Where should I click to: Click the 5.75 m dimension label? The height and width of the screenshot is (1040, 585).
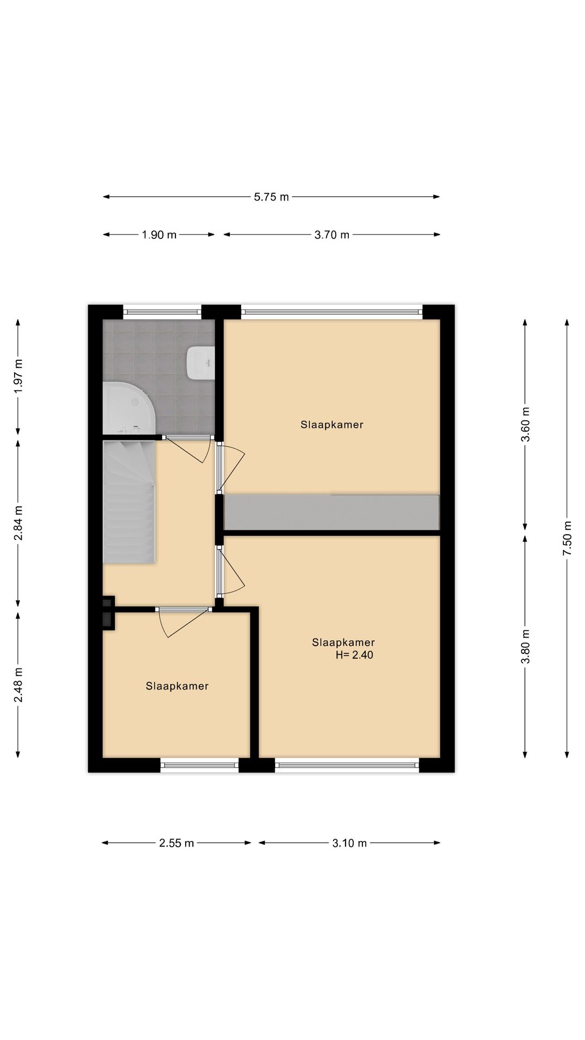271,197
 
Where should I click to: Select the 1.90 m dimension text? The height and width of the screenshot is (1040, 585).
159,235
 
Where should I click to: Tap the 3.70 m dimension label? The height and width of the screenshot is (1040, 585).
331,235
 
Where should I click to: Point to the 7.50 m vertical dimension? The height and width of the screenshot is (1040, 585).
567,538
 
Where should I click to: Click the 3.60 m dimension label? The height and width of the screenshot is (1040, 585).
525,424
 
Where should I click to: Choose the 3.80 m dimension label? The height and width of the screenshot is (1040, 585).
525,646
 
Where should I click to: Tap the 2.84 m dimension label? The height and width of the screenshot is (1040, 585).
18,523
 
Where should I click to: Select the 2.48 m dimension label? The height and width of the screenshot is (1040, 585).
18,685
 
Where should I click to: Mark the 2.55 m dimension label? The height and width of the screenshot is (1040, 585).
177,843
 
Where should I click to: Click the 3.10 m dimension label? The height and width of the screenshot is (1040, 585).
349,843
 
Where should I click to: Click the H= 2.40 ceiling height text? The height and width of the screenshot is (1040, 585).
354,655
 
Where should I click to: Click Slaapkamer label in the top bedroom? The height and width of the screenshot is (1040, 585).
331,425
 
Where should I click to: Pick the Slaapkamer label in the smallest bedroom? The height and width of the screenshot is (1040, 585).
177,686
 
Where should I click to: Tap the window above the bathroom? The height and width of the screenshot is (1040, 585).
162,311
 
